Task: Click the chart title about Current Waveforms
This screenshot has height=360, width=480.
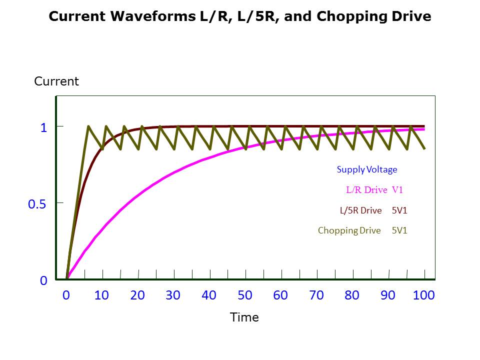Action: (239, 16)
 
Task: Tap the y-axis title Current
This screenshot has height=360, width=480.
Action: (56, 81)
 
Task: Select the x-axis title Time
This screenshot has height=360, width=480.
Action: (244, 317)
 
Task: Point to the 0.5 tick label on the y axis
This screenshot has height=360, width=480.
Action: (37, 204)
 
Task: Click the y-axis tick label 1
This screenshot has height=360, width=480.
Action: (43, 127)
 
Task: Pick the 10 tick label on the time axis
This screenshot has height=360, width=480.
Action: (101, 295)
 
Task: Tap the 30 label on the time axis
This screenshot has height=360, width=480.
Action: (173, 295)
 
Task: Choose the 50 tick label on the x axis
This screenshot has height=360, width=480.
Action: (245, 295)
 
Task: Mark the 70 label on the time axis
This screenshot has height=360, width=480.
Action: (316, 295)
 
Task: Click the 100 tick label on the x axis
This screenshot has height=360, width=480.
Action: (424, 295)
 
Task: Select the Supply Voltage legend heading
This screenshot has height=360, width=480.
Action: (367, 169)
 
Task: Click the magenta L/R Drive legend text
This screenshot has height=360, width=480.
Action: (366, 190)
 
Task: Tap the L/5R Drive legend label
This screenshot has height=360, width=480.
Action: (360, 210)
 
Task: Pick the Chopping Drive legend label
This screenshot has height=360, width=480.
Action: (349, 230)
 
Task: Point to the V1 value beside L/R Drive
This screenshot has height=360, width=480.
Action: (397, 190)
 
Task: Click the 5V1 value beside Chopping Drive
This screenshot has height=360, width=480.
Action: (399, 230)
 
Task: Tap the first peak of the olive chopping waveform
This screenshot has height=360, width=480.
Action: (88, 126)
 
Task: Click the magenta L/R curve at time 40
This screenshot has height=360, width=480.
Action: (209, 158)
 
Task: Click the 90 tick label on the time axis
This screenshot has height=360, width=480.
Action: (388, 295)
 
